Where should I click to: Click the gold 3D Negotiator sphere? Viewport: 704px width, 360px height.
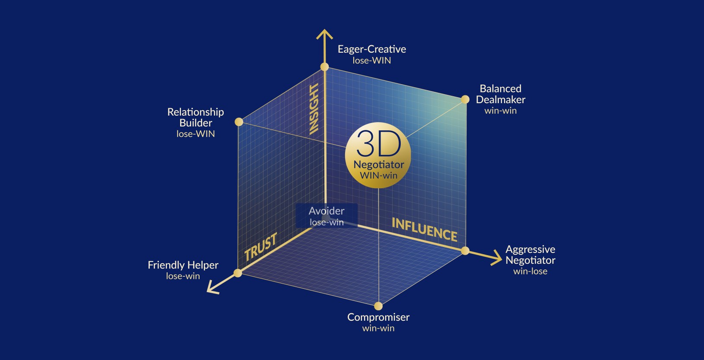[378, 155]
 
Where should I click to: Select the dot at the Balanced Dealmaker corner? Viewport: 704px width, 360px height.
[465, 100]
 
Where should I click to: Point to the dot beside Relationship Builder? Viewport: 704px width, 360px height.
[239, 122]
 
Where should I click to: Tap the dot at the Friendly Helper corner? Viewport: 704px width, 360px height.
[238, 273]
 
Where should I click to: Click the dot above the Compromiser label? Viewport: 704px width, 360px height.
[378, 306]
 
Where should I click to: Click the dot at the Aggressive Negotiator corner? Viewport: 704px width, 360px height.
[465, 251]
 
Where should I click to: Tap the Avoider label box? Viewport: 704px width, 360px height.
[327, 215]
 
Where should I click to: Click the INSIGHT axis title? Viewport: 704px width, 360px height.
[314, 109]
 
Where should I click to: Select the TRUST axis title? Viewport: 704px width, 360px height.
[260, 247]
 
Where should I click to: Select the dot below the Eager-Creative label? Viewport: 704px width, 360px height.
[324, 67]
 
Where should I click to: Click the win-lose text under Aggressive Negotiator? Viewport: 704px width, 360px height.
[530, 272]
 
